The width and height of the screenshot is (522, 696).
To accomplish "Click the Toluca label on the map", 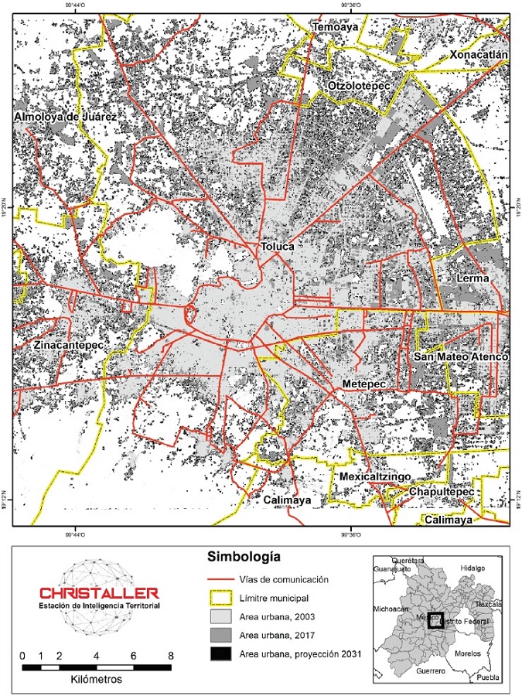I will [x=278, y=247].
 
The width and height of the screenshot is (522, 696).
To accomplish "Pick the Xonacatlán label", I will [x=479, y=56].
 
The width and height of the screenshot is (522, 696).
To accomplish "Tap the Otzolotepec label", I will [x=360, y=85].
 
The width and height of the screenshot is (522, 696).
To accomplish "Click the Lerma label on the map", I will [x=474, y=278].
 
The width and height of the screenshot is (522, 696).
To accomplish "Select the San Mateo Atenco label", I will [x=461, y=357].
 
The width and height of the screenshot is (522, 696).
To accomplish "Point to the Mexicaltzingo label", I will [x=375, y=477].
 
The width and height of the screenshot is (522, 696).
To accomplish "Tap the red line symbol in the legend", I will [x=220, y=580].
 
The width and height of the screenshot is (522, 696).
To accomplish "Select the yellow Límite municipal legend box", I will [x=220, y=598].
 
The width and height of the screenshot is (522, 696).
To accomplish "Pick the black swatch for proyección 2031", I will [x=220, y=653].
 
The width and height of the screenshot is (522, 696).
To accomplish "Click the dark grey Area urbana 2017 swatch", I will [x=220, y=635].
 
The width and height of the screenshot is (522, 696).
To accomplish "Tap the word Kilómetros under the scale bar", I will [x=96, y=678].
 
